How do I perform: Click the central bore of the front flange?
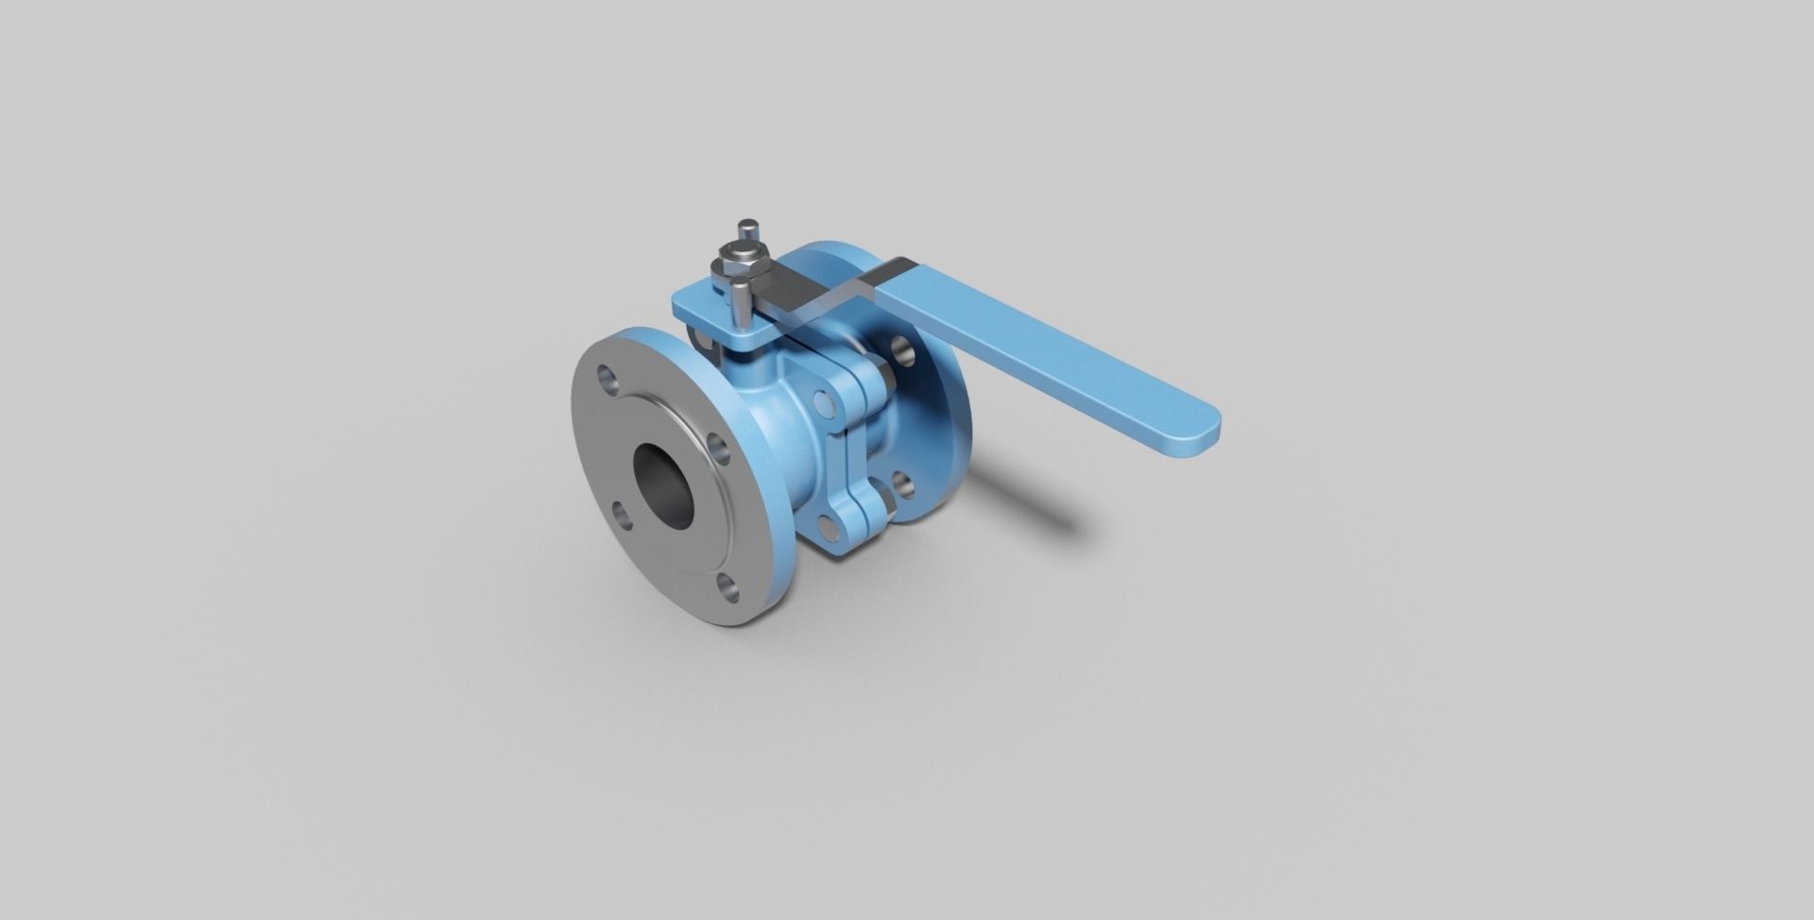[x=663, y=487]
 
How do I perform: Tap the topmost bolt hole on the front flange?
[x=608, y=383]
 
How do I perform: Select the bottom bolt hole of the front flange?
[x=727, y=587]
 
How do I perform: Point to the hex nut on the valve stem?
[x=739, y=258]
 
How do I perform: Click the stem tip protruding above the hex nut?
[x=749, y=230]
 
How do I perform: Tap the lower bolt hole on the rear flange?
[x=903, y=486]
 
